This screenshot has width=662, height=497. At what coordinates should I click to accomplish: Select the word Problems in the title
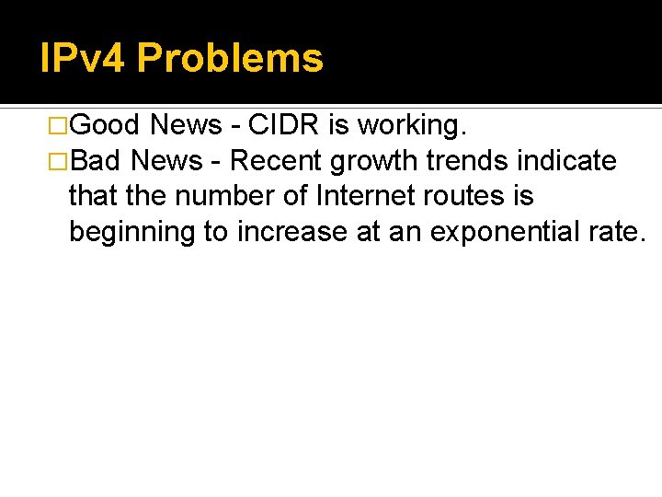tap(230, 59)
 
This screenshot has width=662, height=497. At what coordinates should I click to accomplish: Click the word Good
tap(104, 125)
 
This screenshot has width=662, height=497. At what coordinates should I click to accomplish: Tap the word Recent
tap(277, 161)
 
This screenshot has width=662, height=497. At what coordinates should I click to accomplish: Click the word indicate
tap(566, 161)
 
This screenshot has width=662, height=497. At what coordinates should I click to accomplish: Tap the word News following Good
tap(187, 125)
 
